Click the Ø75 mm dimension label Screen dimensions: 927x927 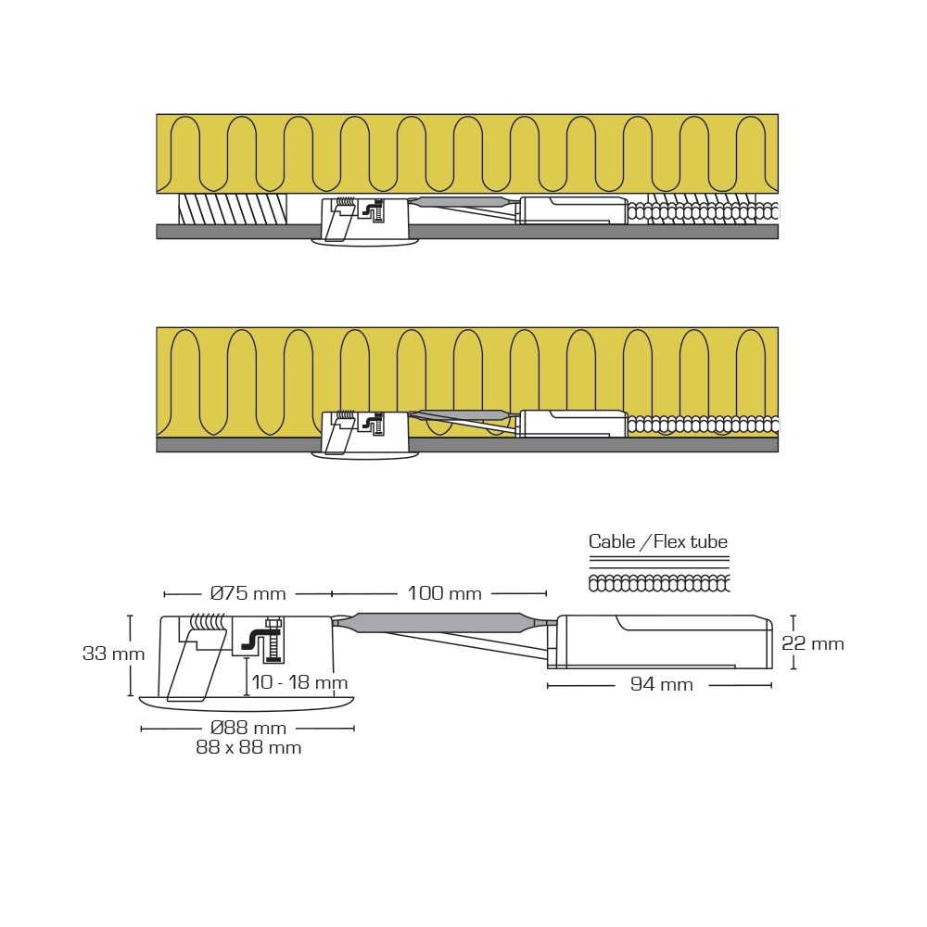click(x=248, y=593)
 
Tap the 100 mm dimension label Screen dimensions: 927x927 click(x=445, y=593)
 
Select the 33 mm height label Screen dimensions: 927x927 click(x=113, y=654)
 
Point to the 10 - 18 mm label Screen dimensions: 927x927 click(x=298, y=683)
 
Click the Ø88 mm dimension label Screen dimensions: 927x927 click(x=248, y=728)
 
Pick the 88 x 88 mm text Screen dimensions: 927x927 click(x=248, y=747)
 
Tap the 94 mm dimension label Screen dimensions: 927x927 click(x=661, y=685)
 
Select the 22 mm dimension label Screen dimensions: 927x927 click(x=813, y=643)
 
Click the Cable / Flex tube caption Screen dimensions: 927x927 click(x=658, y=541)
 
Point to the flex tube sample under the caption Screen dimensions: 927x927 click(x=659, y=583)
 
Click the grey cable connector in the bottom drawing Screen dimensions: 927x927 click(x=439, y=622)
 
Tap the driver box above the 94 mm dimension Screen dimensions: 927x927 click(x=663, y=641)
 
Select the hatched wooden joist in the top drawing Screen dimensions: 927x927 click(x=233, y=209)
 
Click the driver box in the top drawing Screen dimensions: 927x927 click(x=573, y=210)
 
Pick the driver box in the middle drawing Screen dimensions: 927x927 click(x=573, y=424)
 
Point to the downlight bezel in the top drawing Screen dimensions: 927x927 click(x=365, y=243)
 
